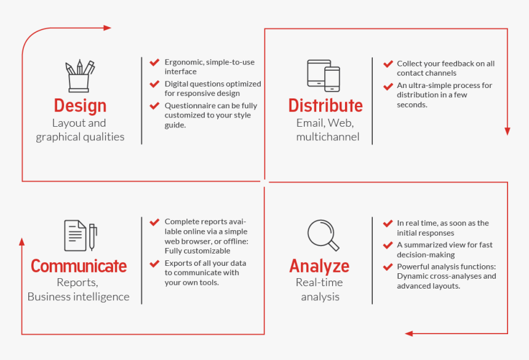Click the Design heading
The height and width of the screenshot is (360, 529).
click(80, 106)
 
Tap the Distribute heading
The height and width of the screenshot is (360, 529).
click(325, 106)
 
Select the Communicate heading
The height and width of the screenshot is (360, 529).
click(79, 266)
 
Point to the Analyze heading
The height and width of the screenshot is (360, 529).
click(319, 266)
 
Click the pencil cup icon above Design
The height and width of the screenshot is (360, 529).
click(80, 76)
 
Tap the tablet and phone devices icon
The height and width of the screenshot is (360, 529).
click(324, 75)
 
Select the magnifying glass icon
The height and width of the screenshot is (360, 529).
click(323, 235)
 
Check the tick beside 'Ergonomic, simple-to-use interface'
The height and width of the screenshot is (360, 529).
click(154, 62)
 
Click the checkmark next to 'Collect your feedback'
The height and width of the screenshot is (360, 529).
click(388, 64)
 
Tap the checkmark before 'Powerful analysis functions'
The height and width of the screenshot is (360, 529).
click(388, 267)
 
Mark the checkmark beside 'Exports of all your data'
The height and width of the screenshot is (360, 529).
click(154, 263)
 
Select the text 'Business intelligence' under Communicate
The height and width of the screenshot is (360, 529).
click(79, 297)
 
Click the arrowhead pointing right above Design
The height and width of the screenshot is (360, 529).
click(108, 28)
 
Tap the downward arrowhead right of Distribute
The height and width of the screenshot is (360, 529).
click(507, 131)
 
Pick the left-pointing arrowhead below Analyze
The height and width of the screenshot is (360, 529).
click(409, 334)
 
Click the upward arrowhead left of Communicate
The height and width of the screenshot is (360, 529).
click(22, 241)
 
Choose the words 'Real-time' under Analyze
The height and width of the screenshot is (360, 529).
click(319, 282)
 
